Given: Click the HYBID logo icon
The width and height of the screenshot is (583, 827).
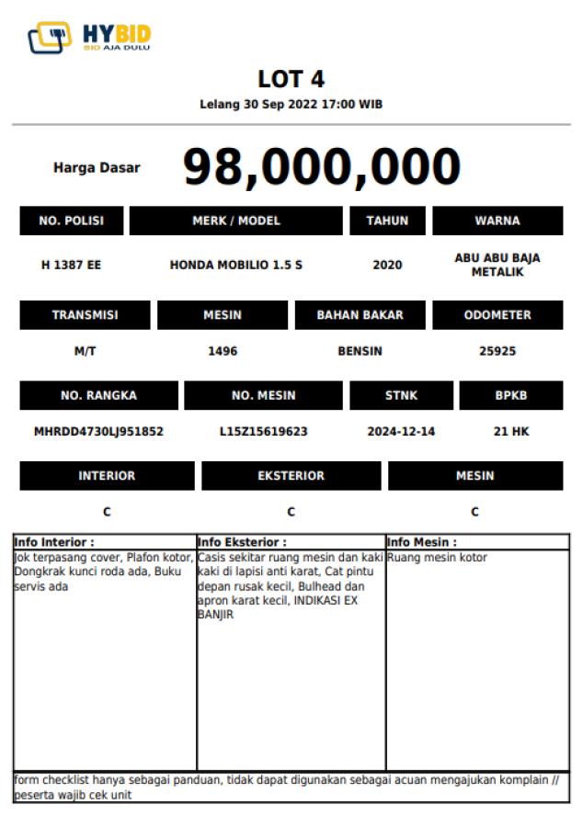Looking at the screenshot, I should click(x=50, y=38).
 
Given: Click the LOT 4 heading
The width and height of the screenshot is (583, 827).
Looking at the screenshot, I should click(x=291, y=79).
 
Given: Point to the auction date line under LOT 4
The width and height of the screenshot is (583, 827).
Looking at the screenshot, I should click(x=291, y=104).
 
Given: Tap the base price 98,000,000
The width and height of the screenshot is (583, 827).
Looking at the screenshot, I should click(x=321, y=167).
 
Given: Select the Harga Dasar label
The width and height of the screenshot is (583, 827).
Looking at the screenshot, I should click(x=97, y=168).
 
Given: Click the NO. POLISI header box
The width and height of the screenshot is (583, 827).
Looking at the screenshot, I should click(x=71, y=221).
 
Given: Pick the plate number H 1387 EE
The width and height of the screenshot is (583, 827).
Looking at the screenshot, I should click(x=71, y=265).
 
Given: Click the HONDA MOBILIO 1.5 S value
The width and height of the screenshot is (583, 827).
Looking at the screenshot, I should click(x=235, y=265).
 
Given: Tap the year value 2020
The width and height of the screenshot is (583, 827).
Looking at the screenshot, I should click(x=387, y=265).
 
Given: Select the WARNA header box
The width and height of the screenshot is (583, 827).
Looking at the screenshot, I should click(x=497, y=221).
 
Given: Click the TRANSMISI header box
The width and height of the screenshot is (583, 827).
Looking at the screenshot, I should click(x=85, y=315).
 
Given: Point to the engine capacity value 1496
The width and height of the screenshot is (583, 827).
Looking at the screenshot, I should click(x=223, y=350).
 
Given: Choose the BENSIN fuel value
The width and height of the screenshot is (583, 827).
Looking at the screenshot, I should click(x=360, y=350).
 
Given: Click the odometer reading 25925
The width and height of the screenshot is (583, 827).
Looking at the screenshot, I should click(x=497, y=350).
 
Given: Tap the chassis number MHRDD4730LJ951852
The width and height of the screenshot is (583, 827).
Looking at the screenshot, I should click(x=98, y=430).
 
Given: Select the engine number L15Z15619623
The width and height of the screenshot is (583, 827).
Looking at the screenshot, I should click(x=263, y=430).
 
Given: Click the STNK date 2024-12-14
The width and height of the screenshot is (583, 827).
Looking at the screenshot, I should click(x=401, y=430).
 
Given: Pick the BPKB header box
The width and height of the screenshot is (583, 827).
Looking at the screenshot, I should click(x=510, y=395).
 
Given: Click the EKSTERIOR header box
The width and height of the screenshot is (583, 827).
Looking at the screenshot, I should click(x=291, y=476).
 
